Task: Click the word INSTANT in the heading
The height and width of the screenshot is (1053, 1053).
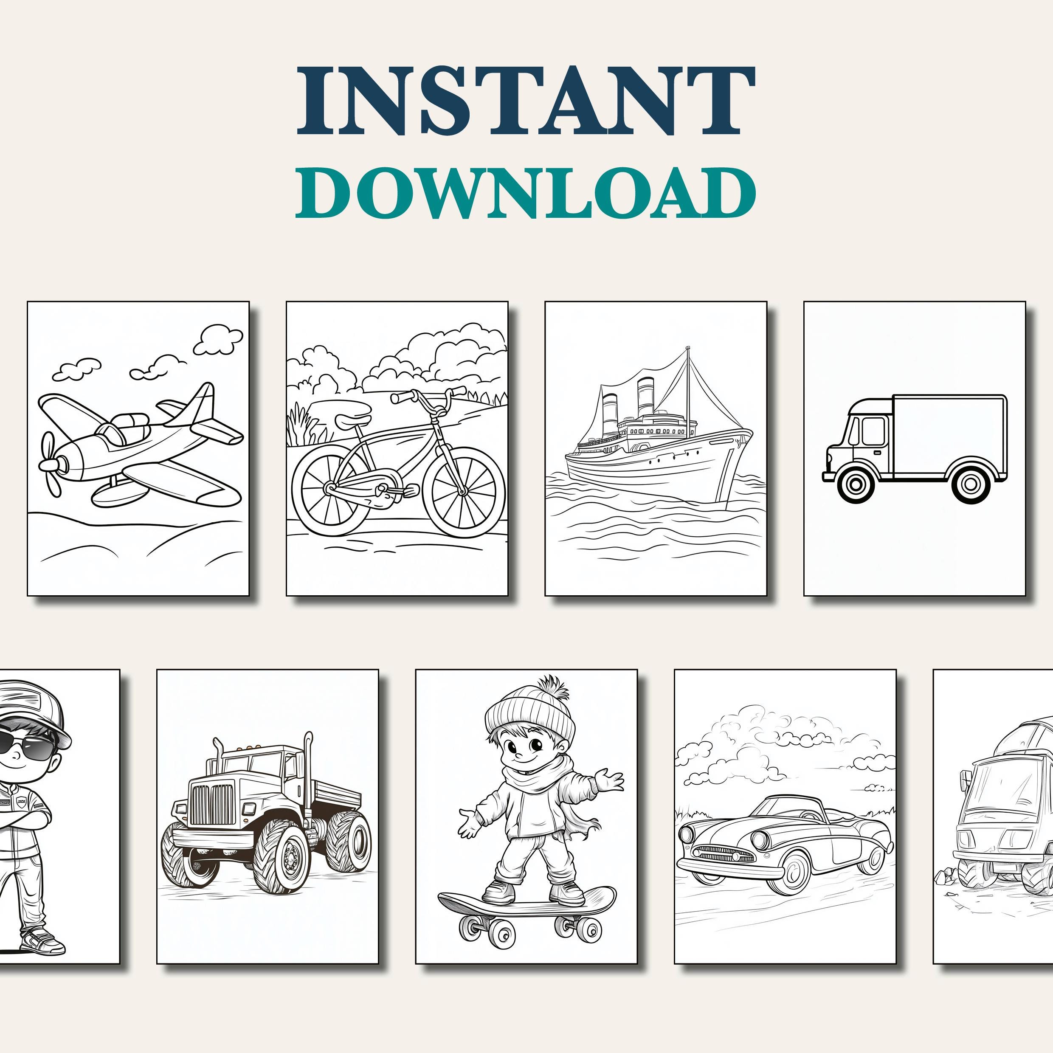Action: click(x=526, y=101)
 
